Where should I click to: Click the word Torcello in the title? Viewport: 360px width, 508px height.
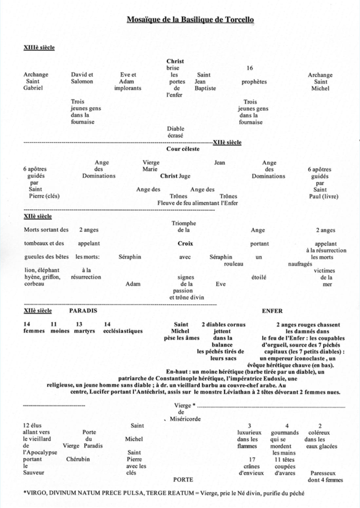[x=239, y=20]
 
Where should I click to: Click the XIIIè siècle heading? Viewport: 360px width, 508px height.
[x=39, y=47]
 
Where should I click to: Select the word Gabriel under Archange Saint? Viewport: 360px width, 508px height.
[x=33, y=88]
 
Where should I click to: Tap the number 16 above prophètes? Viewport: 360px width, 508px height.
[x=250, y=68]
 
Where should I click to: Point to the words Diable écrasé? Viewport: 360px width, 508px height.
[x=176, y=132]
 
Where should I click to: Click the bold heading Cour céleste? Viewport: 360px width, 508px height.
[x=183, y=149]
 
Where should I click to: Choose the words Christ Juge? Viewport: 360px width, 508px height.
[x=175, y=176]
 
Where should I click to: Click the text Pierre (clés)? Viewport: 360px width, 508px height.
[x=44, y=196]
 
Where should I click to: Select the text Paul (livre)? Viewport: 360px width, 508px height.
[x=324, y=197]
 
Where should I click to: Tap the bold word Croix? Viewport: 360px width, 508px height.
[x=185, y=244]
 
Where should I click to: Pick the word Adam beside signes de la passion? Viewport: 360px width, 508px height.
[x=133, y=284]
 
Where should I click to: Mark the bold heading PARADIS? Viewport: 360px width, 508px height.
[x=83, y=311]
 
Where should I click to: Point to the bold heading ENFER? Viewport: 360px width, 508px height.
[x=272, y=311]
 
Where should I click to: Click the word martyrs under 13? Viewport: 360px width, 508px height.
[x=85, y=331]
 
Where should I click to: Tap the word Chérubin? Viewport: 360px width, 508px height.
[x=78, y=459]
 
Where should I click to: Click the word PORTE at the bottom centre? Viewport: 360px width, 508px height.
[x=183, y=480]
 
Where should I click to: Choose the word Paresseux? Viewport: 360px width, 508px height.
[x=323, y=473]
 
